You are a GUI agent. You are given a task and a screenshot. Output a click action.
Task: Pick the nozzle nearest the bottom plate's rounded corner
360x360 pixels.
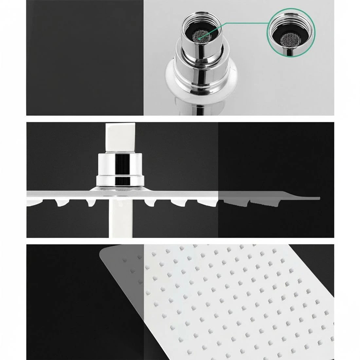(x=125, y=260)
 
